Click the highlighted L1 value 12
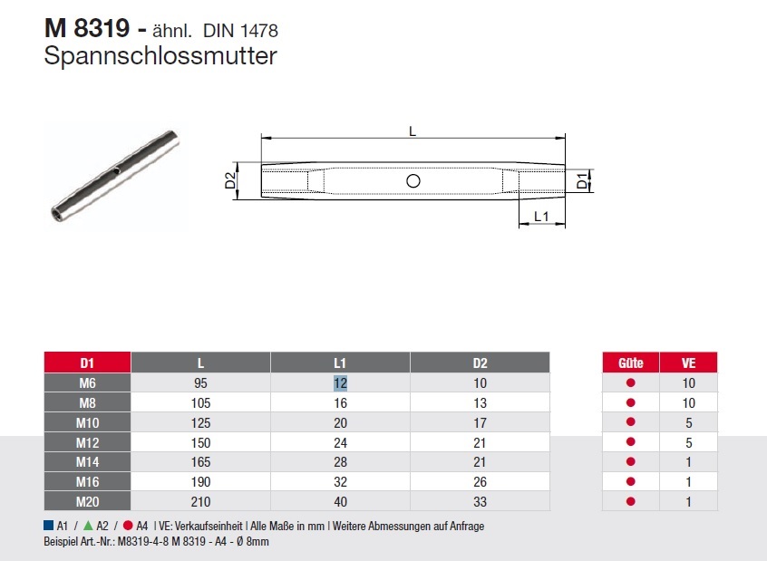tap(340, 383)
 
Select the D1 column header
tap(87, 363)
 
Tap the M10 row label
tap(87, 422)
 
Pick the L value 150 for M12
tap(200, 442)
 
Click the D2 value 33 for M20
tap(480, 502)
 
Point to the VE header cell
tap(688, 363)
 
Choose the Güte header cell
tap(630, 363)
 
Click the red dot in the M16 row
tap(630, 482)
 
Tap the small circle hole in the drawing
tap(413, 181)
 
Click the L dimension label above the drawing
tap(413, 131)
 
